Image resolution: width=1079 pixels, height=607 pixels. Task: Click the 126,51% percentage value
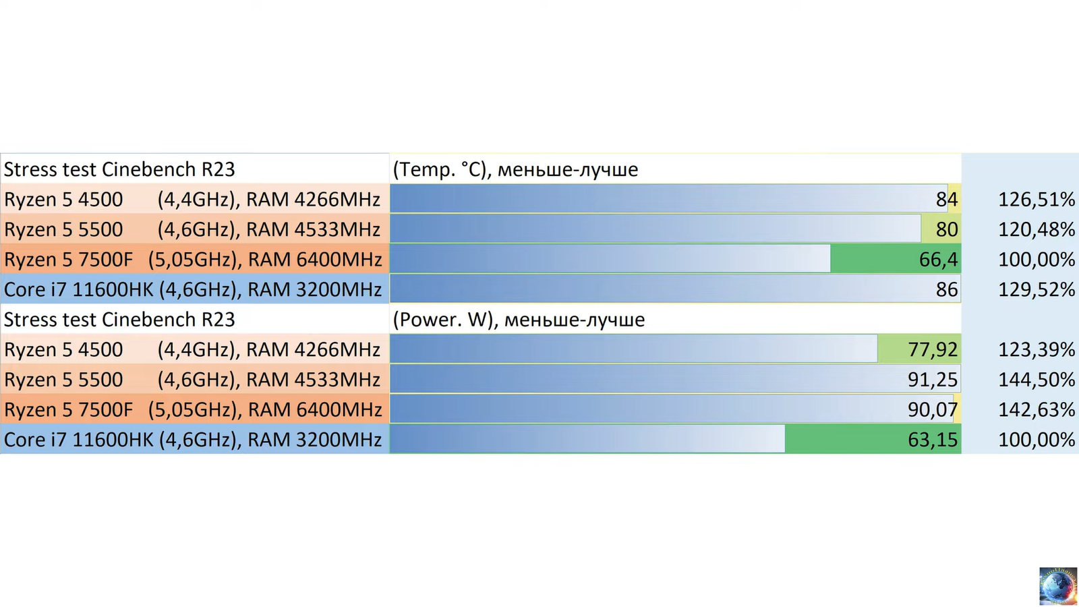(1036, 200)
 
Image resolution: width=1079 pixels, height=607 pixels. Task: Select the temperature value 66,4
(938, 260)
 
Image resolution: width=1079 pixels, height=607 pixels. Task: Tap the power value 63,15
(932, 440)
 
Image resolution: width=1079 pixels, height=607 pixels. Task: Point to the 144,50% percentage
(1036, 380)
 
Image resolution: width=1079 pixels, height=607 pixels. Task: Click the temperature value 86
(946, 290)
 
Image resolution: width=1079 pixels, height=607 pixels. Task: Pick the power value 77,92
(932, 350)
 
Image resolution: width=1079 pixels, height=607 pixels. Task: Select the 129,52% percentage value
(1036, 290)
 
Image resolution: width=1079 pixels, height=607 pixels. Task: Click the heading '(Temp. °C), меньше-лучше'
(515, 169)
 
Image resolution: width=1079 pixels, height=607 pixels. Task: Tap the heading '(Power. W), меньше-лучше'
(519, 320)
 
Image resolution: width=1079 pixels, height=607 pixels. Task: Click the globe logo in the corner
(1058, 585)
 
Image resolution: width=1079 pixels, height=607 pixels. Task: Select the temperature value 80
(946, 230)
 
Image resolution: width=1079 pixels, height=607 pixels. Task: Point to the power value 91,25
(932, 380)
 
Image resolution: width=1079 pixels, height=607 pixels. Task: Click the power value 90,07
(932, 410)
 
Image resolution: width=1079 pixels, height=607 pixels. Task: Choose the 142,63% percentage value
(1036, 410)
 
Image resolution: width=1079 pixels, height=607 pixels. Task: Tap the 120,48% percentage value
(1036, 230)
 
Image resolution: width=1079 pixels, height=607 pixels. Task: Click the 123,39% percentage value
(1036, 350)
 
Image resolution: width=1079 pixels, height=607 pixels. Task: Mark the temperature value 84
(946, 200)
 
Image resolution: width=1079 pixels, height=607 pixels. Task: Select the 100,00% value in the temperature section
(1036, 260)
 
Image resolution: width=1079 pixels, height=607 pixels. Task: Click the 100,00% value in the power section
(1036, 440)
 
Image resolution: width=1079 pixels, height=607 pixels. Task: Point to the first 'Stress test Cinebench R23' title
(119, 169)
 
